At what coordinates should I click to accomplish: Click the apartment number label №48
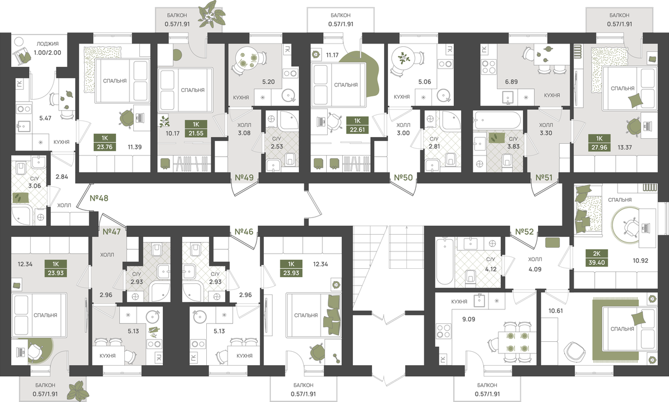pos(99,198)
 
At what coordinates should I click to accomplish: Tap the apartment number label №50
pos(403,178)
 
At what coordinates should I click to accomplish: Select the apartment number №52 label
pos(525,231)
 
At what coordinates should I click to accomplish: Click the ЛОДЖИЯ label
pos(47,44)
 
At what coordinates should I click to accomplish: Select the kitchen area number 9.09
pos(469,319)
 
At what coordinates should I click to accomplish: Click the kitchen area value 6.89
pos(511,81)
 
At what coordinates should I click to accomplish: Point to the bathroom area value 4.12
pos(491,269)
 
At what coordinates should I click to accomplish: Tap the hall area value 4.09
pos(535,269)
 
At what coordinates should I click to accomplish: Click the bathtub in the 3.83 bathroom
pos(497,120)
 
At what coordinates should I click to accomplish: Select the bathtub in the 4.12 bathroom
pos(444,261)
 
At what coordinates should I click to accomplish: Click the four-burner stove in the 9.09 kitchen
pos(444,331)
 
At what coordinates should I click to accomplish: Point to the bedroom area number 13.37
pos(624,147)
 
